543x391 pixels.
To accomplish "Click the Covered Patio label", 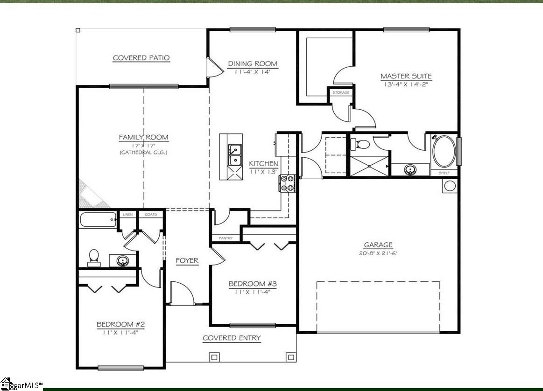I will [x=141, y=58].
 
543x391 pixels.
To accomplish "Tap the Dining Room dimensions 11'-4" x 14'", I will [x=252, y=72].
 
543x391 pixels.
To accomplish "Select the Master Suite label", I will [x=406, y=76].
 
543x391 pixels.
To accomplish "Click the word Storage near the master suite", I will [x=340, y=93].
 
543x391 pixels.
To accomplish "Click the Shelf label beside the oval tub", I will [x=444, y=173].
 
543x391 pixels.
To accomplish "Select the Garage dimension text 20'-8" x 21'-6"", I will [x=378, y=253].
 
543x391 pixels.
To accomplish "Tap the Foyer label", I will [x=187, y=261].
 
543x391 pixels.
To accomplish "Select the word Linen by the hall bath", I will [x=127, y=215].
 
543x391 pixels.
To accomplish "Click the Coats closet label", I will [x=150, y=215].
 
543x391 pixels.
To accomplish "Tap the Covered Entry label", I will [x=231, y=338].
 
